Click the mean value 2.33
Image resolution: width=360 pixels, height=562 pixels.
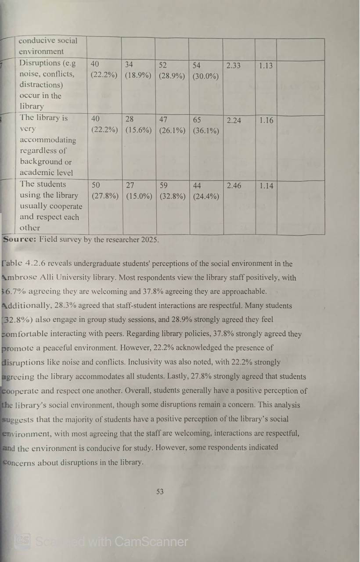(233, 66)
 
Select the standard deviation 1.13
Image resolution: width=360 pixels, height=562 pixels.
(266, 66)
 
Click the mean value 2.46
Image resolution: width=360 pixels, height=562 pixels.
(234, 186)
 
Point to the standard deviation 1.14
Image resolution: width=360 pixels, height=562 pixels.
(266, 186)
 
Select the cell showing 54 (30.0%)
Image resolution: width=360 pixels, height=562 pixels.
(205, 71)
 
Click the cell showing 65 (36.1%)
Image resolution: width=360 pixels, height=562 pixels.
(205, 125)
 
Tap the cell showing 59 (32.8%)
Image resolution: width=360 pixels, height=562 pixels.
(172, 191)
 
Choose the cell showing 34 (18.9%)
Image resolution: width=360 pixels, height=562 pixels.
(138, 70)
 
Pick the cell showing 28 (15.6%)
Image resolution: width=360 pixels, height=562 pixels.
(138, 125)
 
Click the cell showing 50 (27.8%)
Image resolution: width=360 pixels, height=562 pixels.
(104, 191)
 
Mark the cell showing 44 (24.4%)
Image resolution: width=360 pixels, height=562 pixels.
(205, 191)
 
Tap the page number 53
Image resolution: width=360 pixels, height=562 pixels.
(160, 492)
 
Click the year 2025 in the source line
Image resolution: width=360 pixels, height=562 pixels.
(149, 240)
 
